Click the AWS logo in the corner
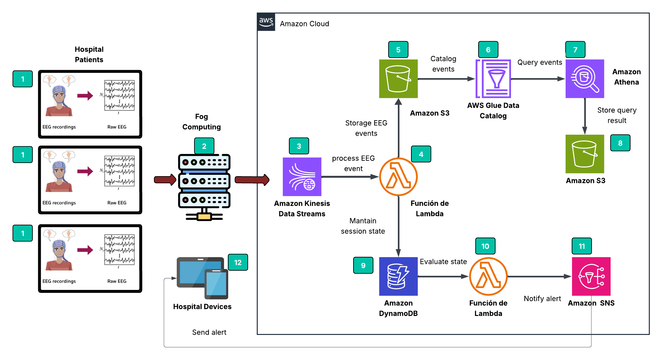266,22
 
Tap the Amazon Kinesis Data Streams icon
302,176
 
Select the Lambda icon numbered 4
398,176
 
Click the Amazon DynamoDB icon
398,276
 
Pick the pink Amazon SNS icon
591,276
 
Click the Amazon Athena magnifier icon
585,78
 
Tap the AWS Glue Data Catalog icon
493,78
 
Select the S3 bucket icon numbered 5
398,78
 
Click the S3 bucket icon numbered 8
585,154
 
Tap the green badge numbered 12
238,262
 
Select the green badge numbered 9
363,265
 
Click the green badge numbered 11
582,246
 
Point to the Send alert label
209,332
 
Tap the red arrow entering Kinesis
252,180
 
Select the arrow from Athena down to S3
585,116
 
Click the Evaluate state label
443,262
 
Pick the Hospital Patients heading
89,54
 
